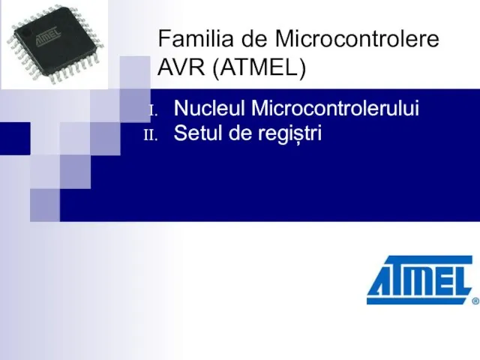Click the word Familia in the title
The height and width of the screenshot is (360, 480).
pos(196,38)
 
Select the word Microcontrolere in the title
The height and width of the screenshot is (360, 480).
pos(357,38)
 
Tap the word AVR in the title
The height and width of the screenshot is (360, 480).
pos(181,67)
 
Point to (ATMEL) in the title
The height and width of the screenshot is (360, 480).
pos(259,67)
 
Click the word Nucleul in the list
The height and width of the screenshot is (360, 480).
pos(209,108)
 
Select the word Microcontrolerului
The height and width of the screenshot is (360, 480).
pos(335,108)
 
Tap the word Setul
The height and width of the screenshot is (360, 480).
pos(198,133)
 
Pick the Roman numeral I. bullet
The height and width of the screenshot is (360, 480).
pos(153,110)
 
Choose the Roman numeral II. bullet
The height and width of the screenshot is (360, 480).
pos(151,135)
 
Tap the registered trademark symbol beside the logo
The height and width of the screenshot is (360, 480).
pos(475,301)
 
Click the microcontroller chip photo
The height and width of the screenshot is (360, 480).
pos(55,45)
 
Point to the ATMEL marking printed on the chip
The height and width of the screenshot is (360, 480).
pos(48,37)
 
